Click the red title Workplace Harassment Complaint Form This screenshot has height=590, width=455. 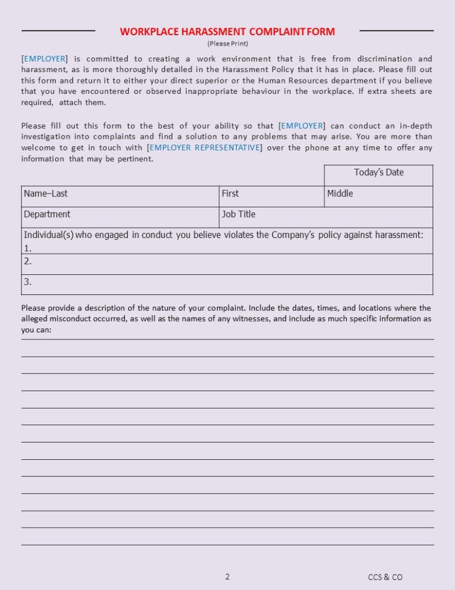[227, 32]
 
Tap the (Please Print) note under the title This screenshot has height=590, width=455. [227, 43]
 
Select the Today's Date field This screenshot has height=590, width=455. [378, 172]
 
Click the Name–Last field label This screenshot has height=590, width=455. [45, 194]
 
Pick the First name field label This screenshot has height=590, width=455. [230, 194]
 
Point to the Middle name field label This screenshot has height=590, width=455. [340, 194]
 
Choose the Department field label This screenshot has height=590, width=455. [47, 214]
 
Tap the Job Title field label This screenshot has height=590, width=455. [238, 214]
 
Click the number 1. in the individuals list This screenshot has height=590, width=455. [28, 248]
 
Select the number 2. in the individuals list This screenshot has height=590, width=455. [28, 261]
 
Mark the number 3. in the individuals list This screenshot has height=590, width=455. [28, 282]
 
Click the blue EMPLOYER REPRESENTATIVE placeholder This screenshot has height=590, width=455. [205, 148]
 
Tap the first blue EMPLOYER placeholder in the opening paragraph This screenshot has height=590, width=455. [44, 59]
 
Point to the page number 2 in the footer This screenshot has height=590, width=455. [227, 576]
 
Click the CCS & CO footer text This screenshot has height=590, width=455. [385, 577]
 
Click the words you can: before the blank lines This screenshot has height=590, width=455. [36, 330]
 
